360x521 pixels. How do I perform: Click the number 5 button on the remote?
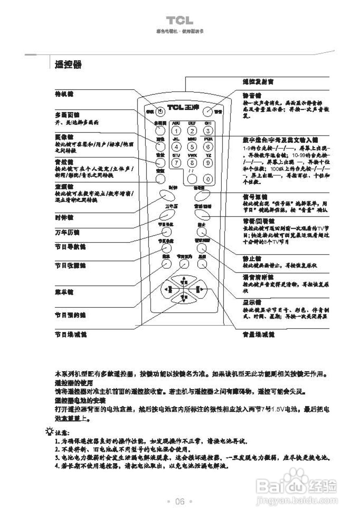click(192, 147)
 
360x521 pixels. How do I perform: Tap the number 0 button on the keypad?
click(208, 178)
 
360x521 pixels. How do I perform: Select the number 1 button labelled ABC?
click(176, 131)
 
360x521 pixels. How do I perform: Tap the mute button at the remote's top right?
click(208, 110)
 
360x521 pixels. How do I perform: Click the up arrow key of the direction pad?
click(183, 281)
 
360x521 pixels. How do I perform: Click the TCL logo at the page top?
click(179, 21)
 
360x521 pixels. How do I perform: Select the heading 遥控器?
click(68, 65)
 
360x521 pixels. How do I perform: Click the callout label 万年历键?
click(67, 232)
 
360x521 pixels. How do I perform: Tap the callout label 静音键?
click(252, 94)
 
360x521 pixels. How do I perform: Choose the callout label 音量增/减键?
click(258, 334)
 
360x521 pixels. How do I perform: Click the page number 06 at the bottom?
click(180, 501)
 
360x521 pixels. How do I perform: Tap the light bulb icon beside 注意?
click(50, 431)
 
